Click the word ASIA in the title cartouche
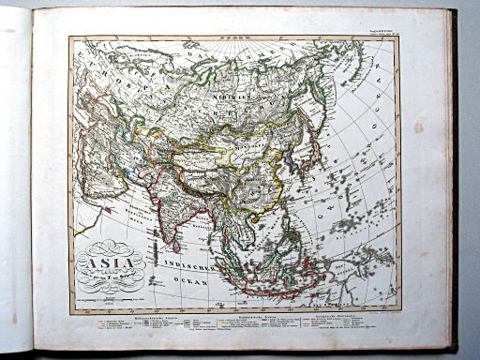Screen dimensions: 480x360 tap(111, 254)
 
